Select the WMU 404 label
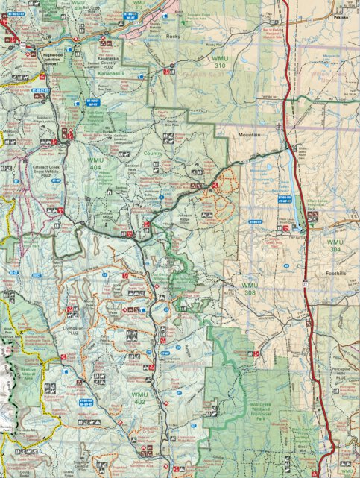96,165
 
